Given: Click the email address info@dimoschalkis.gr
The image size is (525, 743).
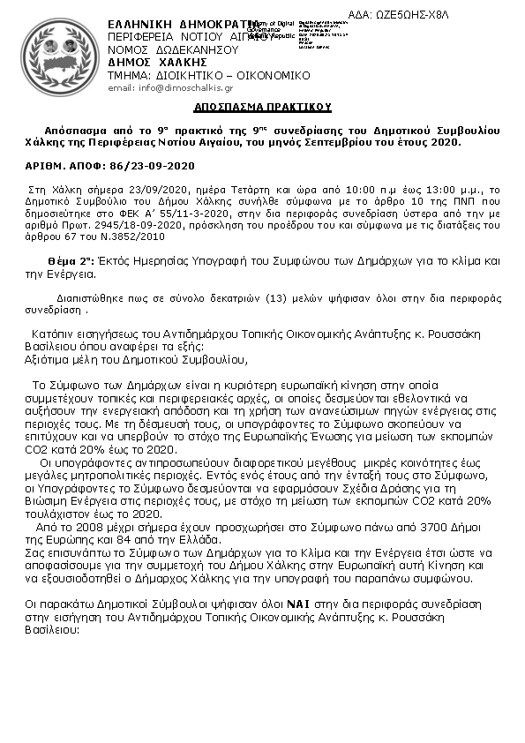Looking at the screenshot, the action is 170,88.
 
